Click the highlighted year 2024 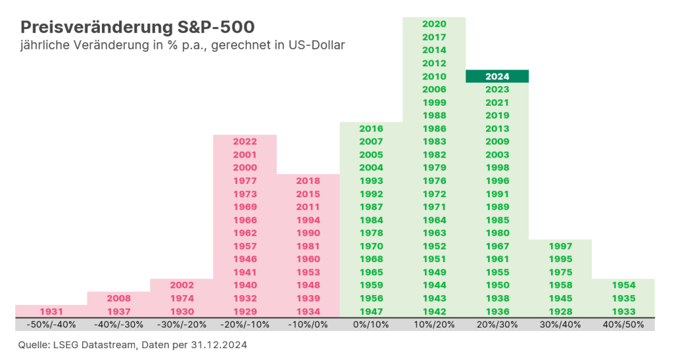pos(497,76)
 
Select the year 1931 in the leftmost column pos(52,312)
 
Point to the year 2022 pos(245,142)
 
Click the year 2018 pos(308,181)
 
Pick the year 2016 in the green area pos(371,128)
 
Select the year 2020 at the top pos(434,24)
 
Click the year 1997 pos(560,246)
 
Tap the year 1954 pos(623,285)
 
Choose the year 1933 pos(623,312)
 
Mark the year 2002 pos(181,285)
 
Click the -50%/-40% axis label pos(52,325)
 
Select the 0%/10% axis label pos(371,325)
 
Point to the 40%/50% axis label pos(623,325)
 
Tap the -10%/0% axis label pos(308,325)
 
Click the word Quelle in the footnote pos(33,345)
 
